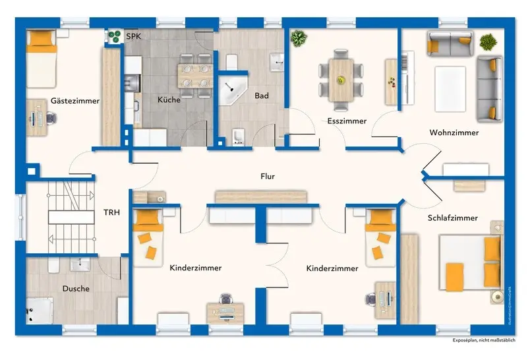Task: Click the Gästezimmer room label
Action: [x=74, y=101]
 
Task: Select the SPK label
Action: [x=133, y=36]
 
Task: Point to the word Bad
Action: [x=262, y=96]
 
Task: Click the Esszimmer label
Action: [x=347, y=121]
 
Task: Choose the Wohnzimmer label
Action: [x=454, y=133]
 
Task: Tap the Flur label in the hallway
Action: [x=267, y=176]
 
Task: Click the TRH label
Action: [x=111, y=212]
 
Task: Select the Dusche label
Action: [x=76, y=288]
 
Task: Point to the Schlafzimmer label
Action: [x=452, y=218]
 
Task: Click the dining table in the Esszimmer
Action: [x=341, y=80]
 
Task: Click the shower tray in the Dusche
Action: [x=40, y=310]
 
